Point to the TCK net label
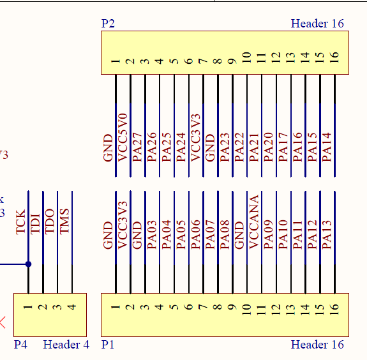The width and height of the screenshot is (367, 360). pos(21,222)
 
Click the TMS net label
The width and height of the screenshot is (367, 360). pos(64,221)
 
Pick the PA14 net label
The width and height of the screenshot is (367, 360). pos(327,147)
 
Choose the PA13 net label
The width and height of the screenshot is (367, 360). pos(327,234)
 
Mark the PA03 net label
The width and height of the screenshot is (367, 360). pos(152,234)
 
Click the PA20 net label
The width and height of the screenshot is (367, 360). pos(269,147)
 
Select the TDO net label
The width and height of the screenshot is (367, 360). pos(50,221)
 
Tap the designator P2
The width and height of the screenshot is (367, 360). pos(108,24)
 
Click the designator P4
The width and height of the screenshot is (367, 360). pos(21,345)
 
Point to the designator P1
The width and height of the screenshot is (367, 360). pos(108,345)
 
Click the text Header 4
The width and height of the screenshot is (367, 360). pos(66,345)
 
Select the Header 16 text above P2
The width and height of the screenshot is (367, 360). pos(317,24)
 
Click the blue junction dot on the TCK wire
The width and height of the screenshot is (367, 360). pos(28,264)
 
